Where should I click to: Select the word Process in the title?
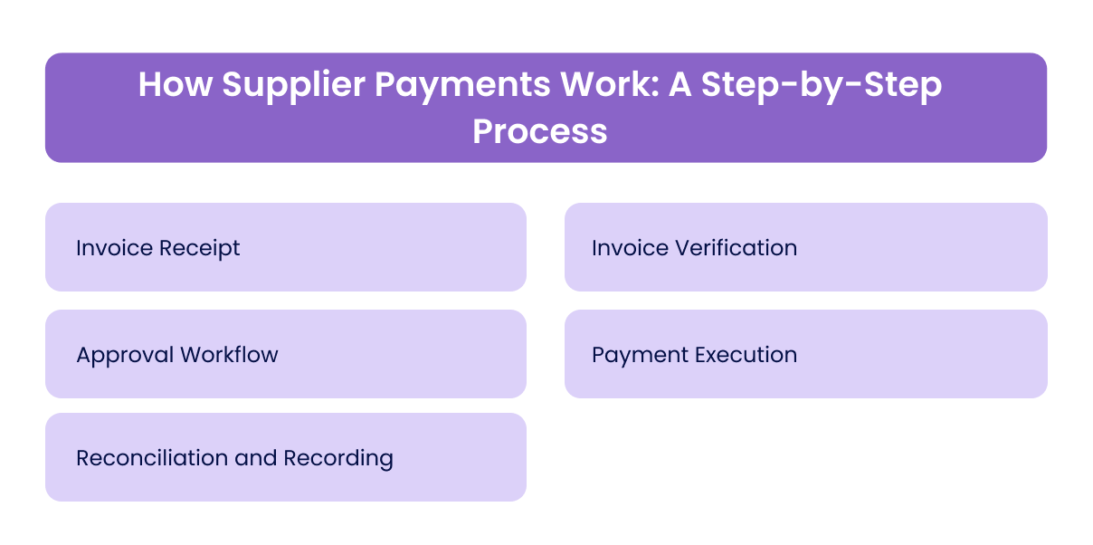pos(540,130)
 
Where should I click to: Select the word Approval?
pos(125,354)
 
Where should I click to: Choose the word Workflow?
pos(229,354)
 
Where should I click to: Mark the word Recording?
pos(338,457)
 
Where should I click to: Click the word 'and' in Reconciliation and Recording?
pos(255,457)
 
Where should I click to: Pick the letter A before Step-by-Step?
pos(685,85)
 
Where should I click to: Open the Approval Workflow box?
pos(286,354)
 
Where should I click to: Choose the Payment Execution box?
pos(805,354)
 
